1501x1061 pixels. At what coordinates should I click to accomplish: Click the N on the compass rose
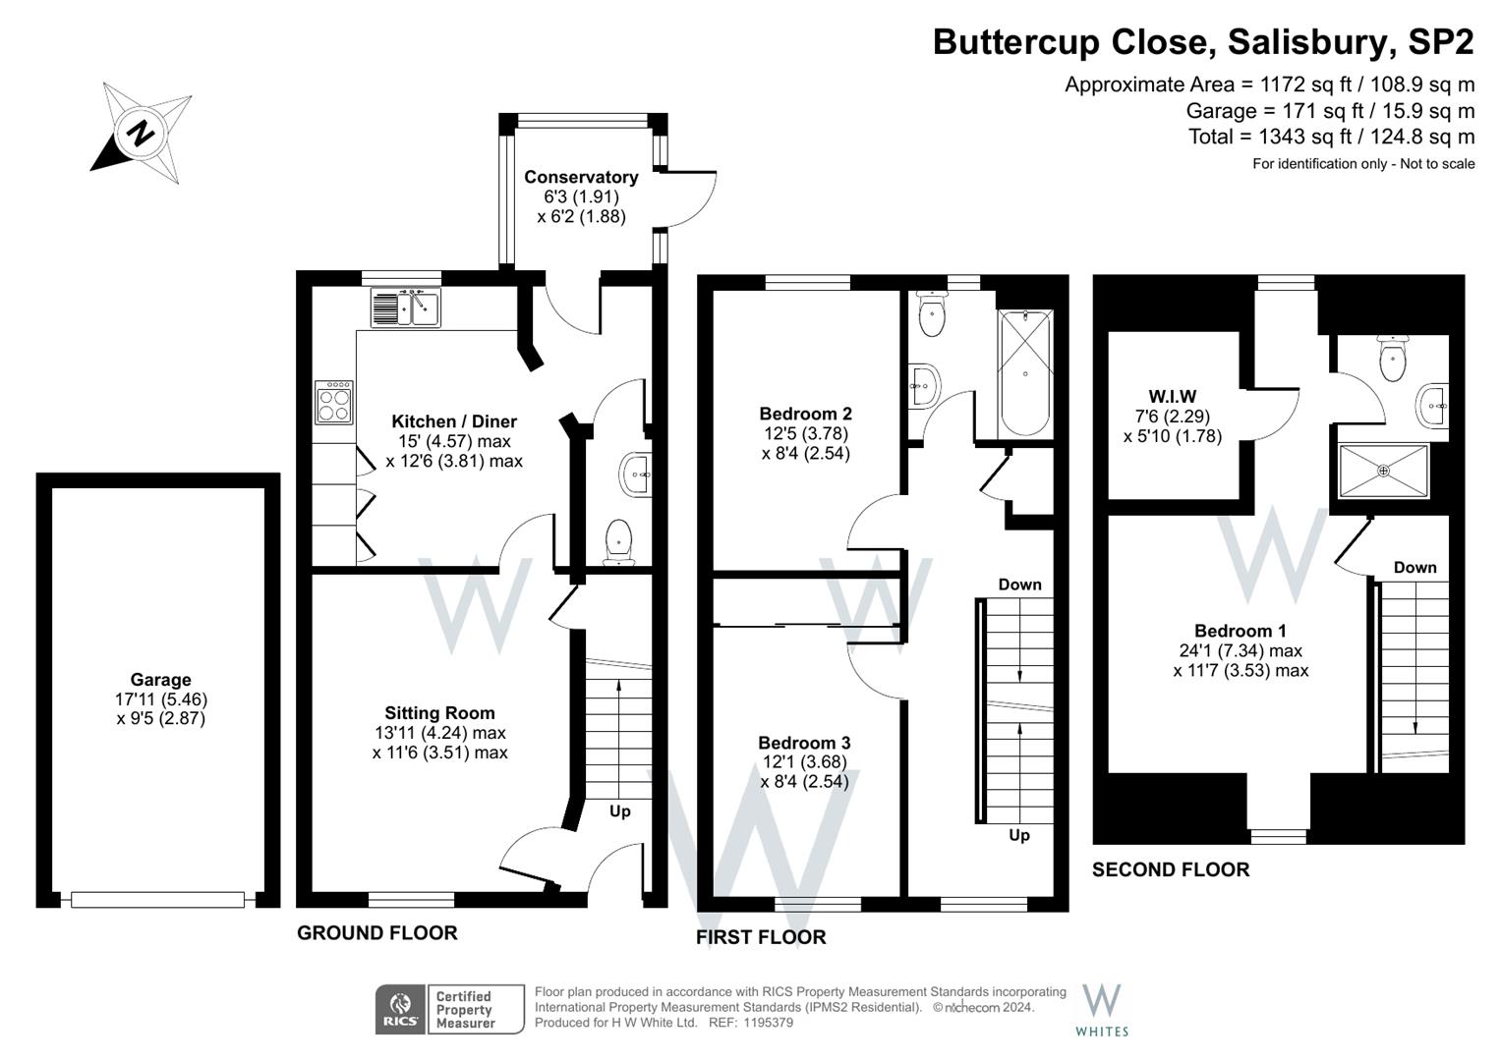[x=142, y=133]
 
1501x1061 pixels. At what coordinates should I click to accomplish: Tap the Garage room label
[x=161, y=680]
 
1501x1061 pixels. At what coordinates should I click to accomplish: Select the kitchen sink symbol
[x=405, y=307]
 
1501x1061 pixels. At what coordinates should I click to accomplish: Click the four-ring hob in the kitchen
[x=333, y=402]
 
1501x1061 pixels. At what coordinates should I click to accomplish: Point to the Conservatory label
[x=581, y=177]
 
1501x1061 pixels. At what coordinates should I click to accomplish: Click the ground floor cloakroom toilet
[x=618, y=542]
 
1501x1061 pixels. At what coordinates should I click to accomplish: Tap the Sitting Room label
[x=439, y=712]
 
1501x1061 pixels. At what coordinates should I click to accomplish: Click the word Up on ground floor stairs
[x=620, y=811]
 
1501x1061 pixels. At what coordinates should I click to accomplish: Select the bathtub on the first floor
[x=1024, y=372]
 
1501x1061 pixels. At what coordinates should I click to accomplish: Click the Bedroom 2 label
[x=805, y=414]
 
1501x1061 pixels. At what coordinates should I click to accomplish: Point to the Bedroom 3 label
[x=804, y=742]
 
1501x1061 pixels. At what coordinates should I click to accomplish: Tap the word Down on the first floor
[x=1020, y=585]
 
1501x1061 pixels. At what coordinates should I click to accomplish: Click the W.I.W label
[x=1172, y=396]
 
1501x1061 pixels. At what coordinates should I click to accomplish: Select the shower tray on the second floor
[x=1383, y=471]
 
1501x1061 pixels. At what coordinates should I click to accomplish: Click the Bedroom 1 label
[x=1241, y=631]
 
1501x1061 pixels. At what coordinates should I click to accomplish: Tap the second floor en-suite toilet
[x=1393, y=359]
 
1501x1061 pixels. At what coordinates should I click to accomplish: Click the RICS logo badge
[x=399, y=1009]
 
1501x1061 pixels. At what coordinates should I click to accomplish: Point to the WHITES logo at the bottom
[x=1102, y=1011]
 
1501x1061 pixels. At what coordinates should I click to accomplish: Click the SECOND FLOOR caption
[x=1171, y=869]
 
